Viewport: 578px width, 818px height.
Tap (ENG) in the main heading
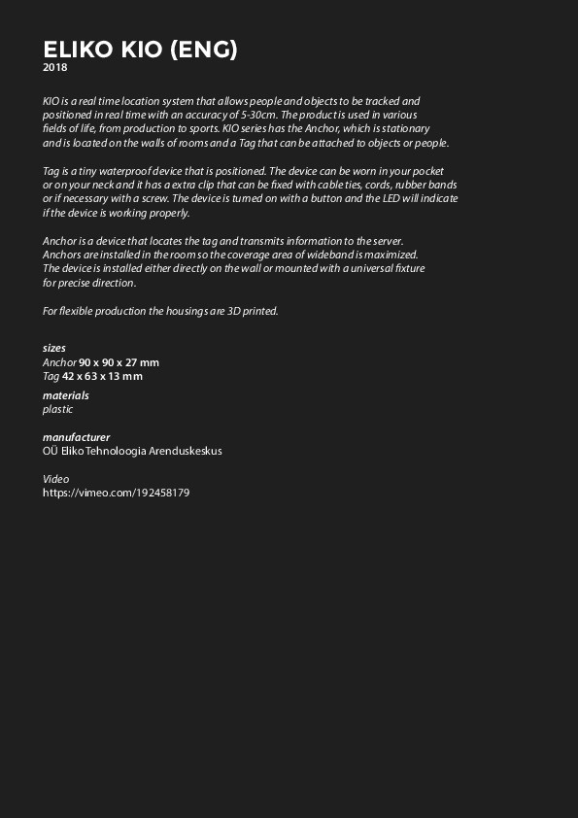(203, 50)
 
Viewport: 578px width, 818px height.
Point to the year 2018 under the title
(55, 68)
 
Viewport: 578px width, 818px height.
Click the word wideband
(334, 255)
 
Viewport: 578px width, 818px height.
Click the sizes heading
(54, 348)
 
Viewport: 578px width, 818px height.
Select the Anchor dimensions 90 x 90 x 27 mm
(119, 362)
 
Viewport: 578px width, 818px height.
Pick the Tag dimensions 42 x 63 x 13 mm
(102, 376)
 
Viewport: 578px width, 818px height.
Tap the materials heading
(66, 395)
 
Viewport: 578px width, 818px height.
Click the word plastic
(57, 409)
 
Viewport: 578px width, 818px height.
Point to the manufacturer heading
(76, 437)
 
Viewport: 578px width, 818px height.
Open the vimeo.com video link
(116, 493)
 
